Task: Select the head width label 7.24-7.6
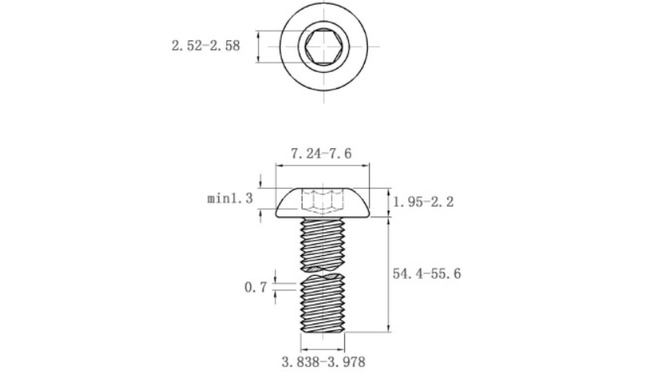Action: pyautogui.click(x=321, y=154)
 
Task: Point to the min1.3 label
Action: pyautogui.click(x=230, y=198)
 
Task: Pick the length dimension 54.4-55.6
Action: pyautogui.click(x=427, y=273)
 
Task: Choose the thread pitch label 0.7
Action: pyautogui.click(x=255, y=287)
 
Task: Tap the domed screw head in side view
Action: pyautogui.click(x=322, y=204)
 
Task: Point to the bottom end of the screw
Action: pyautogui.click(x=322, y=332)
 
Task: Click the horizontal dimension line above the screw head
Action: pyautogui.click(x=322, y=166)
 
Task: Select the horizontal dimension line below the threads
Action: pyautogui.click(x=322, y=349)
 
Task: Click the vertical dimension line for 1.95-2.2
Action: pyautogui.click(x=389, y=203)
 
